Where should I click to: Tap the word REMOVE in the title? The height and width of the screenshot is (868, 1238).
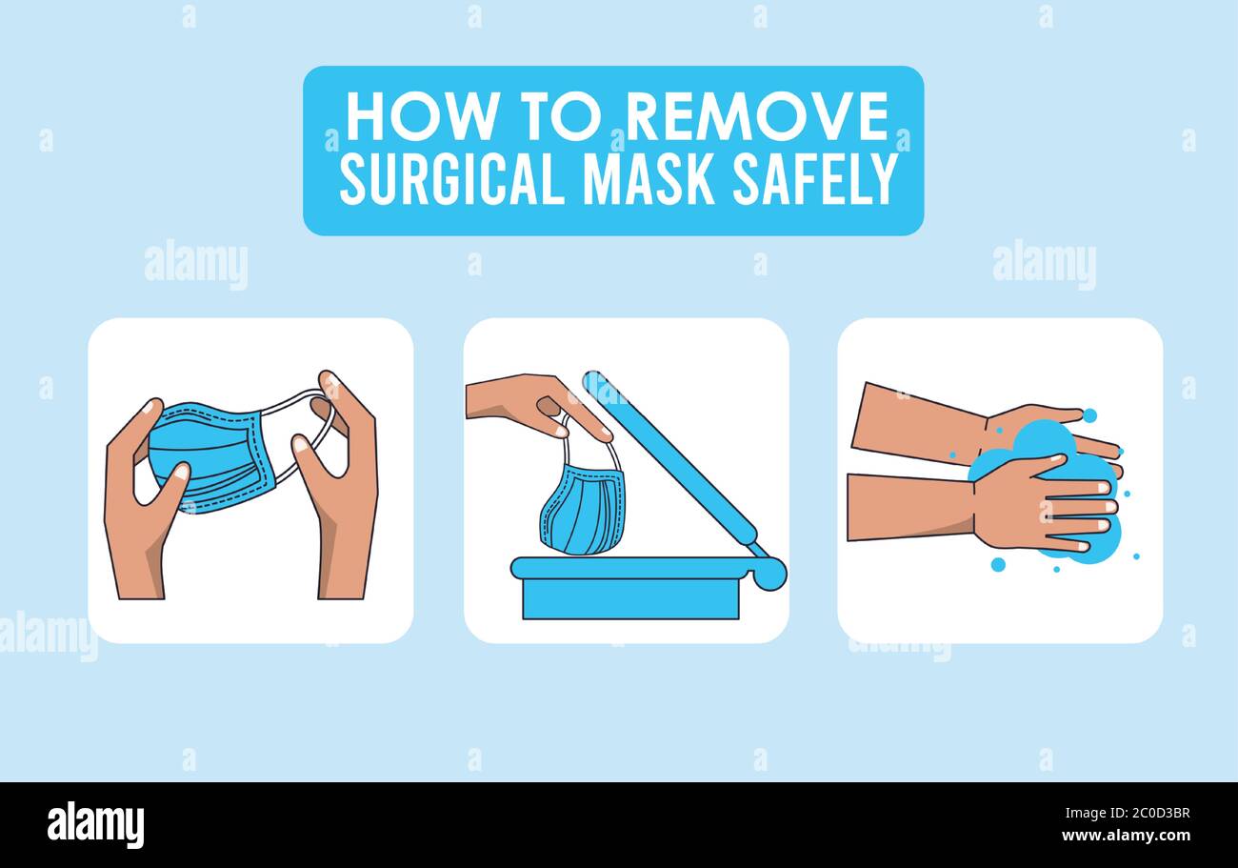(x=757, y=117)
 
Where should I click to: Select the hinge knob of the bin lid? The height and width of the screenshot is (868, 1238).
(x=769, y=572)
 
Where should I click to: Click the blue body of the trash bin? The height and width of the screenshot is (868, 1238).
(x=630, y=598)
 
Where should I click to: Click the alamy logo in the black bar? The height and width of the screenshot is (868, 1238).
(x=95, y=825)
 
